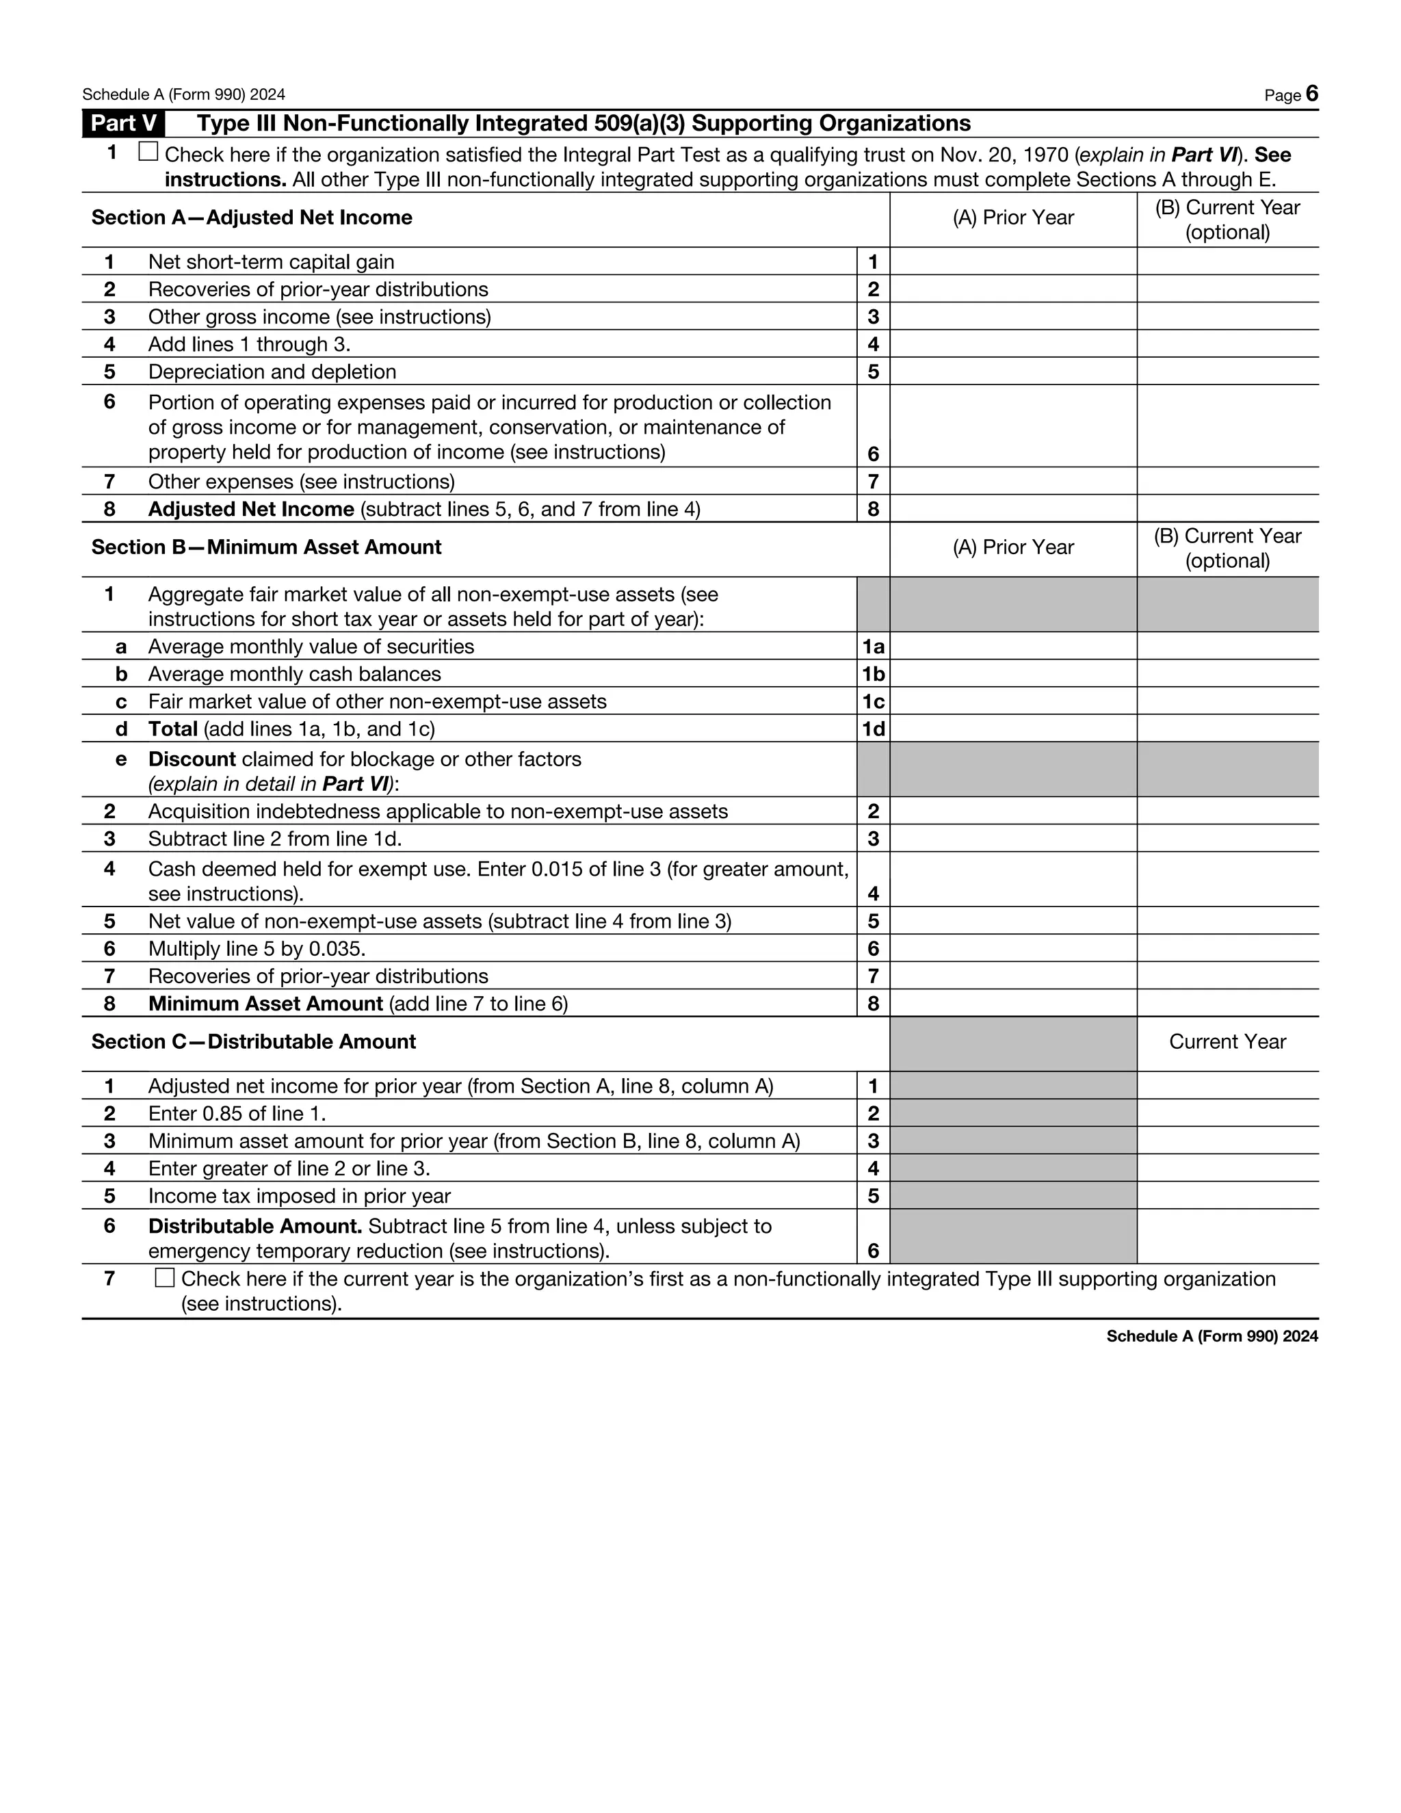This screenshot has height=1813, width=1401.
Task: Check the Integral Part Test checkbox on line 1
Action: tap(148, 152)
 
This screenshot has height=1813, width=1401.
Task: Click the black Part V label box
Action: tap(123, 124)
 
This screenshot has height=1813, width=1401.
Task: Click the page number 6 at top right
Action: tap(1311, 93)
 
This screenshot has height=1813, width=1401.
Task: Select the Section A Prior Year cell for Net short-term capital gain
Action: tap(1012, 261)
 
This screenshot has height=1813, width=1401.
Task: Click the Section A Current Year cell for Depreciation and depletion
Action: tap(1227, 371)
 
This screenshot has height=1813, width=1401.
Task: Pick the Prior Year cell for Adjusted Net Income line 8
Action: tap(1012, 509)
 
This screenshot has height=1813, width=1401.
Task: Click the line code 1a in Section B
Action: tap(872, 647)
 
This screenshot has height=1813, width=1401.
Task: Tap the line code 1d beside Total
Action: tap(872, 729)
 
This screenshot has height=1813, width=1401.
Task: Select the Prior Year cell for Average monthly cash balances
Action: tap(1012, 674)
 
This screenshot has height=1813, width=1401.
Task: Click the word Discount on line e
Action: tap(192, 759)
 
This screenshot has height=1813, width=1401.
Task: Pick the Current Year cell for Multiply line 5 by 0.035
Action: tap(1227, 948)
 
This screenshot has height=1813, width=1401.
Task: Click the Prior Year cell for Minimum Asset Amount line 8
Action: tap(1012, 1004)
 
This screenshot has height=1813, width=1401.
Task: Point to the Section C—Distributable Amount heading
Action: tap(253, 1042)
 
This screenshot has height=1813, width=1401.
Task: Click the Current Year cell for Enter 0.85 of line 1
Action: tap(1227, 1113)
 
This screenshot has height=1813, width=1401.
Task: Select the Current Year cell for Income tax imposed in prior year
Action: tap(1227, 1195)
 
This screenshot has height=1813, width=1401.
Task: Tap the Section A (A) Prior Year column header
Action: tap(1012, 218)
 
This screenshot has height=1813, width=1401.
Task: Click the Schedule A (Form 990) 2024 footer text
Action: tap(1211, 1335)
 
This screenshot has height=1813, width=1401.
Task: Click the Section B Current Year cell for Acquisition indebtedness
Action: tap(1227, 811)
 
